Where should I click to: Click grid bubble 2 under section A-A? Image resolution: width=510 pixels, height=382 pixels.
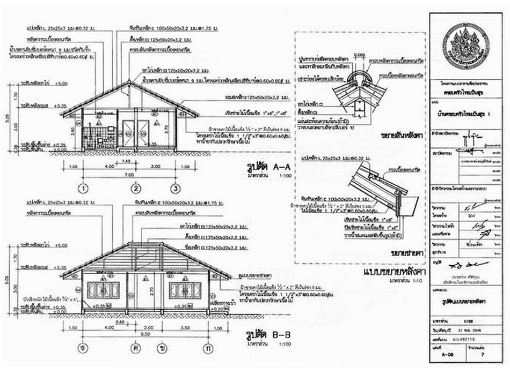coord(136,188)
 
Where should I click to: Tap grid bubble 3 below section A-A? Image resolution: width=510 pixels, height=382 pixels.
coord(175,188)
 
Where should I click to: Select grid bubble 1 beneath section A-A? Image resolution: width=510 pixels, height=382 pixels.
coord(84,188)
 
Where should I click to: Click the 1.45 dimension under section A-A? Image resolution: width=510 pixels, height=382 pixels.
coord(127,161)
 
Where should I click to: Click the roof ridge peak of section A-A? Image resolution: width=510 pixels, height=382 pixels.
coord(129,82)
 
